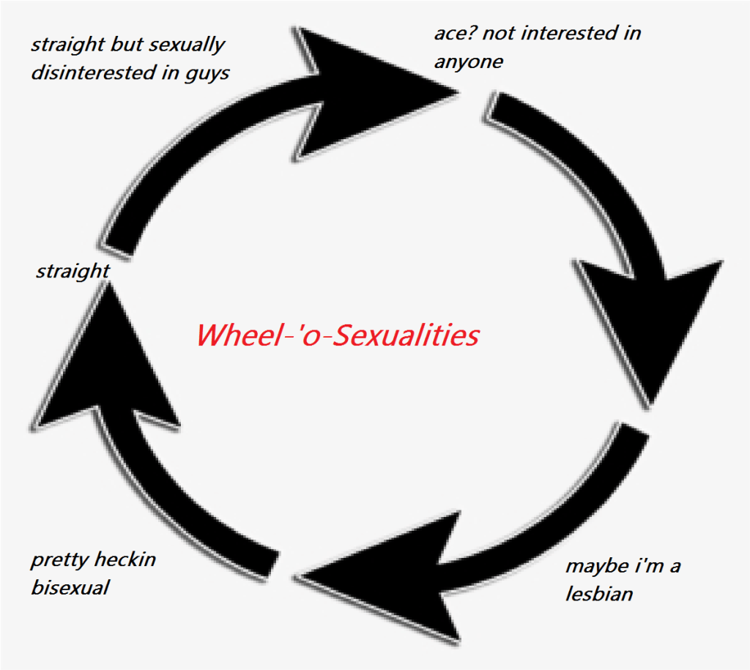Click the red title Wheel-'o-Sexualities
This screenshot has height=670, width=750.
(x=337, y=335)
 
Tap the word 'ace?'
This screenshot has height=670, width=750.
(x=452, y=34)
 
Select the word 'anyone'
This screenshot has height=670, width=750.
(x=469, y=62)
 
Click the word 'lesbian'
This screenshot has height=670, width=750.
(x=599, y=593)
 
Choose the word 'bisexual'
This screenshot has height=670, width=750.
(x=70, y=588)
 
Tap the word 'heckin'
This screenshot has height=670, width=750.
(x=126, y=561)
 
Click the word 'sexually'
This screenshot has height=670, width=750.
(x=187, y=45)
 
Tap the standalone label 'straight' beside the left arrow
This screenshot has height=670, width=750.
(x=73, y=272)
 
